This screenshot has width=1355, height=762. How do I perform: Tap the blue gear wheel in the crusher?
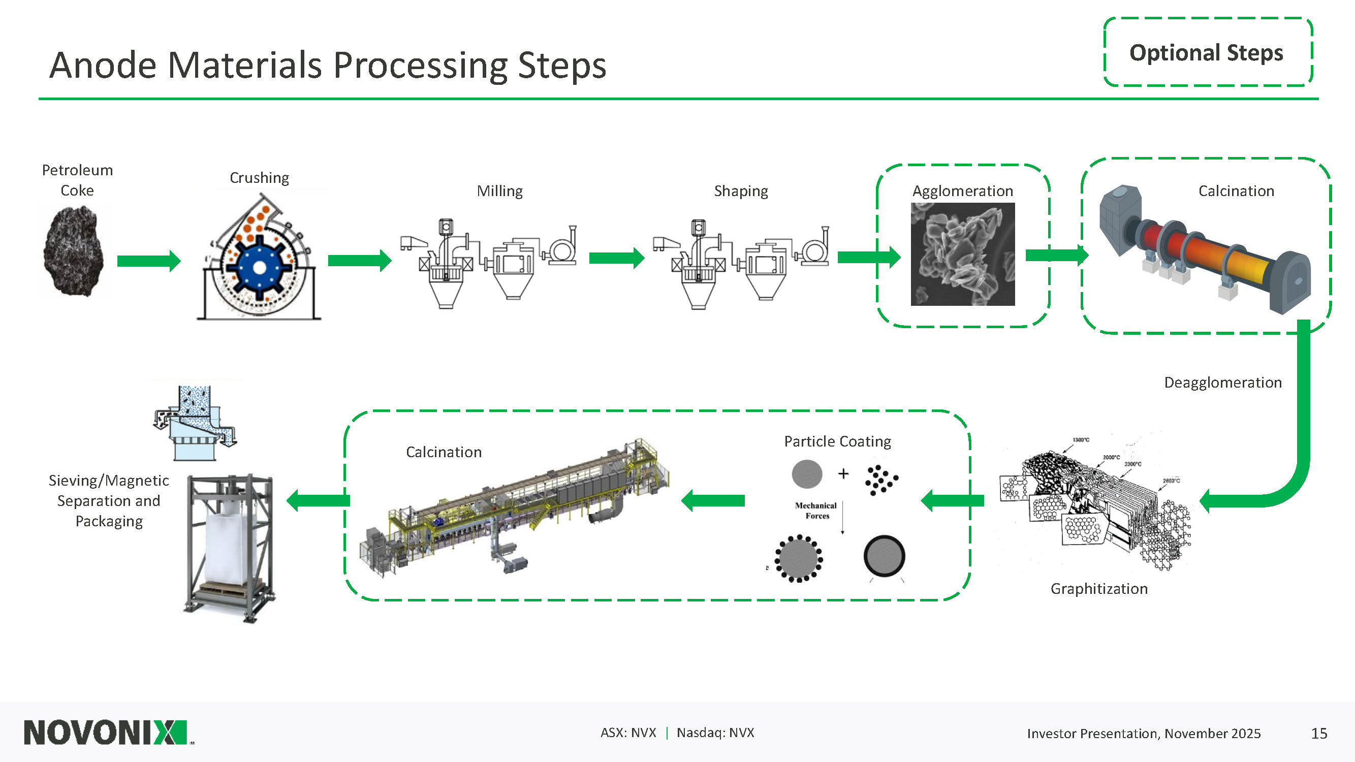coord(259,268)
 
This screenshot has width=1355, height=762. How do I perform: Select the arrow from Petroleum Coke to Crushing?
coord(148,261)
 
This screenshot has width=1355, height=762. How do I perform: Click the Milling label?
coord(499,191)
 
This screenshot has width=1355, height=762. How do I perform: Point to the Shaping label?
coord(741,191)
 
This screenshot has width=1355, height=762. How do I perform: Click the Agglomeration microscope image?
coord(962,254)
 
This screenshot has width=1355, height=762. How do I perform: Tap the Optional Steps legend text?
coord(1206,53)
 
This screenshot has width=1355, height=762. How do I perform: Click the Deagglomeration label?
coord(1222,383)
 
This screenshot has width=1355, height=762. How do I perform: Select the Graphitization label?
coord(1099,588)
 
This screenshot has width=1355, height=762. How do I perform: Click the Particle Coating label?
coord(837,441)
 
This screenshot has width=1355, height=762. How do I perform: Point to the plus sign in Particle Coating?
coord(843,474)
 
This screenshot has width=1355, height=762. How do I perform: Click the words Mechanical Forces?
coord(816,511)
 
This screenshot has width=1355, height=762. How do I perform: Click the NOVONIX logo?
coord(106,733)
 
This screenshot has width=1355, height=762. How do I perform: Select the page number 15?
coord(1319,733)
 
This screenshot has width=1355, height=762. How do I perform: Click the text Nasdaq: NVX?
coord(715,733)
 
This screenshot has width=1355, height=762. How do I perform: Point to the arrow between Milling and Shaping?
coord(616,258)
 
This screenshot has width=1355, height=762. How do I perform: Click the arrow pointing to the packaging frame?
coord(318,500)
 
